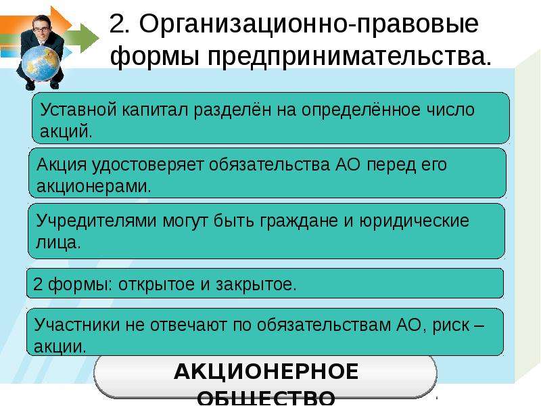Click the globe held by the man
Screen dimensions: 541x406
pyautogui.click(x=41, y=64)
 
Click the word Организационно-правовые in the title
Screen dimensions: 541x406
pyautogui.click(x=293, y=24)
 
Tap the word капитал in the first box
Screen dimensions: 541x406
pyautogui.click(x=155, y=110)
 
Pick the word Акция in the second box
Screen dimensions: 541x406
pyautogui.click(x=62, y=164)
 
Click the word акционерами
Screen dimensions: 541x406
pyautogui.click(x=94, y=187)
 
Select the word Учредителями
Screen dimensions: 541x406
pyautogui.click(x=96, y=221)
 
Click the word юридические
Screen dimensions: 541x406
pyautogui.click(x=415, y=221)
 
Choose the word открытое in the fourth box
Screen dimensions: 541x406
pyautogui.click(x=157, y=285)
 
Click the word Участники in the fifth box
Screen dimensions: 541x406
pyautogui.click(x=76, y=325)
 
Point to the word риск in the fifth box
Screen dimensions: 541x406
pyautogui.click(x=451, y=325)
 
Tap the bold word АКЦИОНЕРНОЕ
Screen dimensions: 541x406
pyautogui.click(x=266, y=371)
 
